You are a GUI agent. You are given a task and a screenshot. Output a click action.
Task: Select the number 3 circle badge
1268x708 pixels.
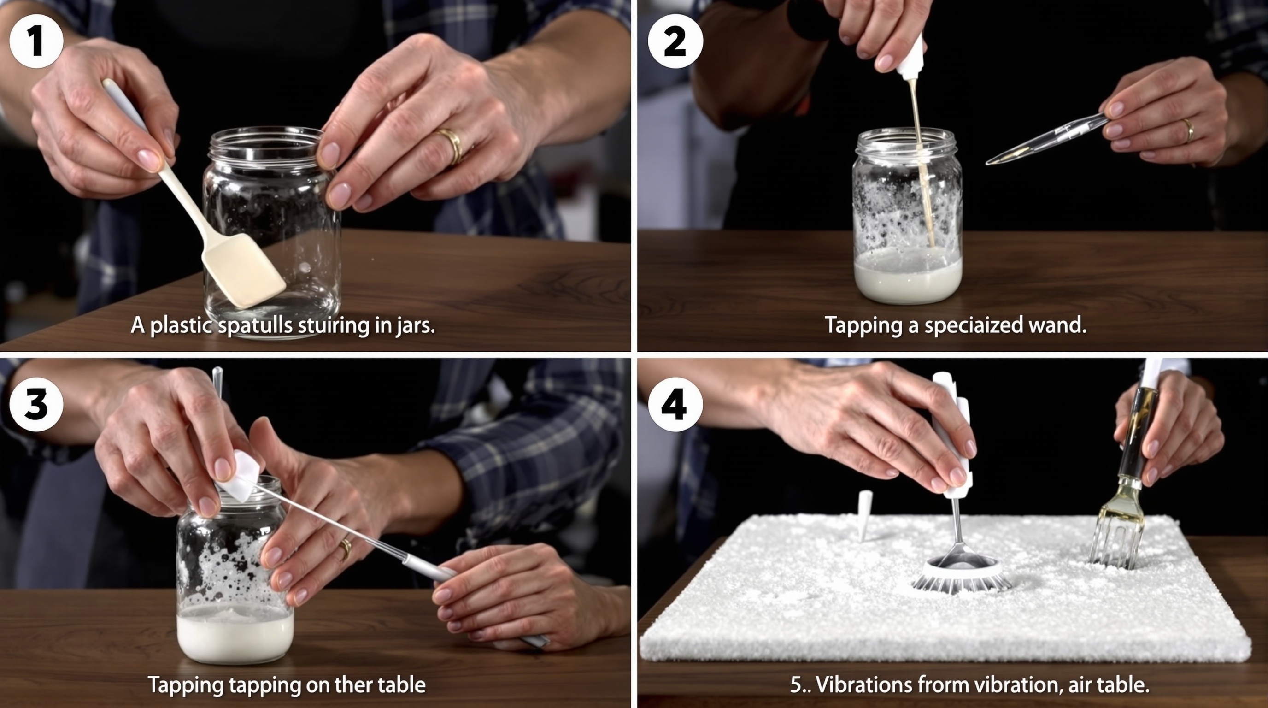(x=36, y=405)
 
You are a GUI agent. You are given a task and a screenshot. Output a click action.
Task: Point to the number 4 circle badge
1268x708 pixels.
(x=675, y=405)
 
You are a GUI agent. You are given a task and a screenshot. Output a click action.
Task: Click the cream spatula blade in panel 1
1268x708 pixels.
(x=243, y=270)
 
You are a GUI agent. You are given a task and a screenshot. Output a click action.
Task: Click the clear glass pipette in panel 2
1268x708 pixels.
(x=1047, y=139)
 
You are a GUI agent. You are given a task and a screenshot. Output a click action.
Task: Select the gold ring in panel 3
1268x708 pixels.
(x=346, y=549)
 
